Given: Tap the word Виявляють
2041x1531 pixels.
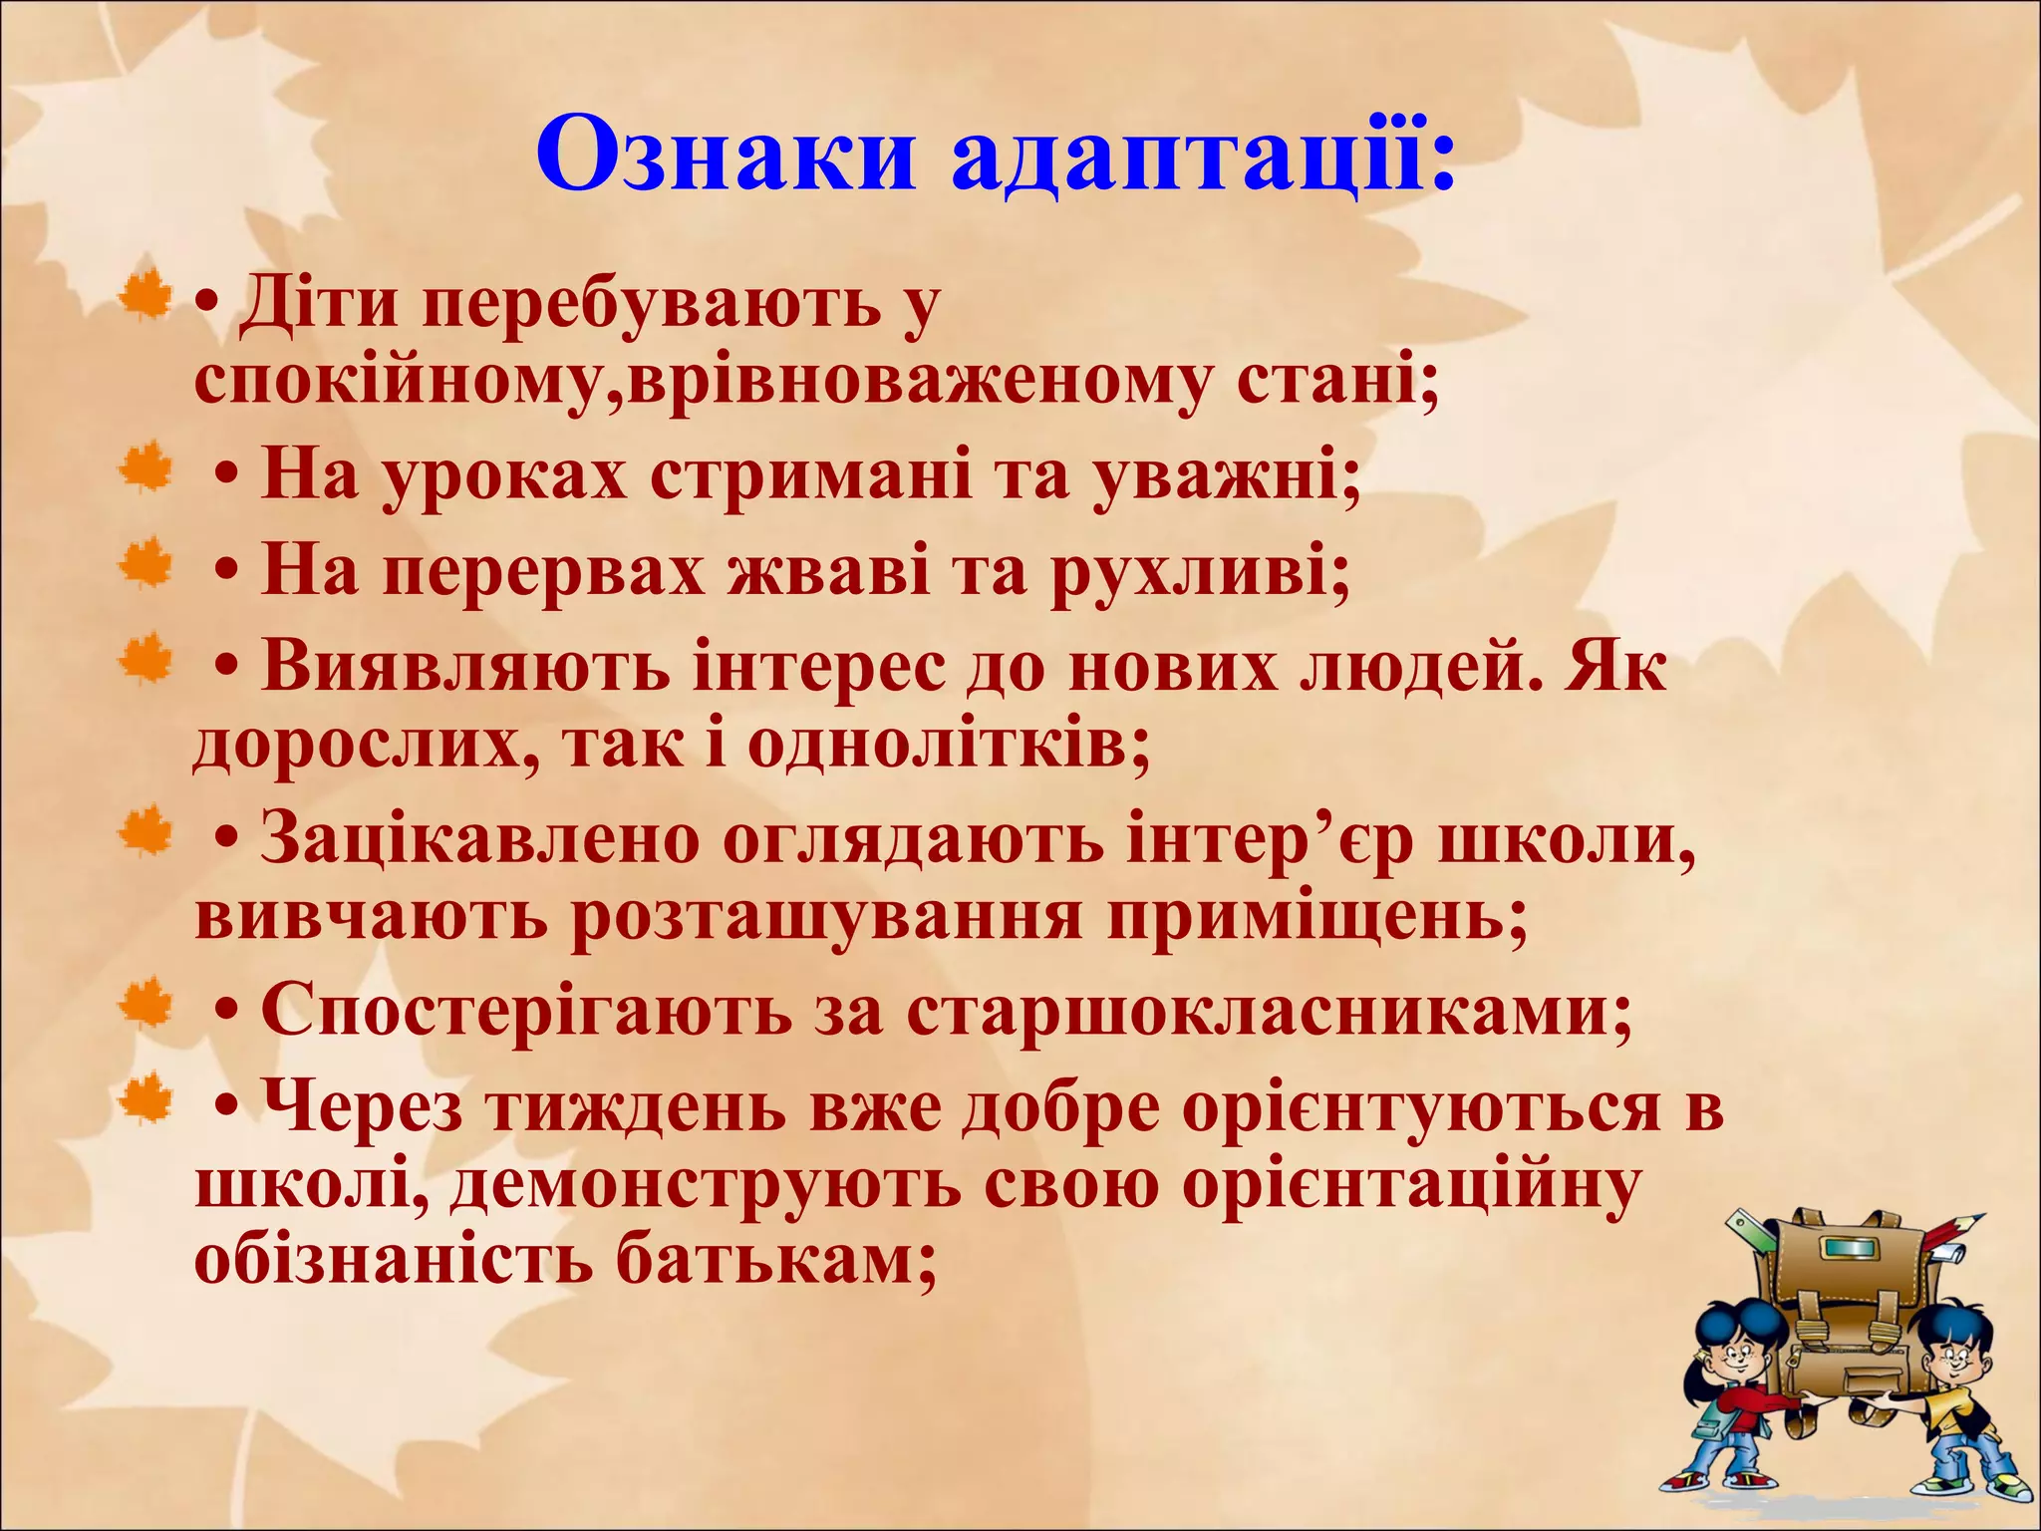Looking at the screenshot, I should [464, 668].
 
